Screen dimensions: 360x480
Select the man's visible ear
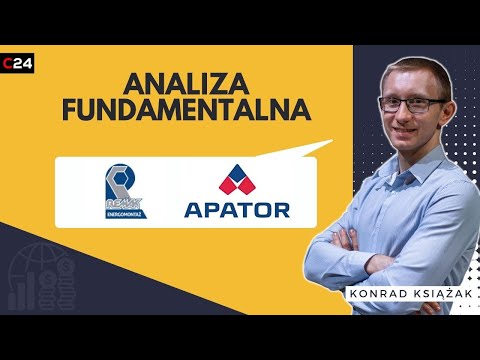click(381, 112)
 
